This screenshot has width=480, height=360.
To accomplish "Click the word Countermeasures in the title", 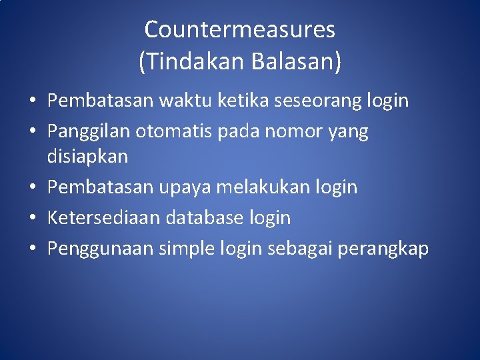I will [239, 30].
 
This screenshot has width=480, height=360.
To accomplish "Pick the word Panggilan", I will [89, 132].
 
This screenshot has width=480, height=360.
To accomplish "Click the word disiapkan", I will [87, 157].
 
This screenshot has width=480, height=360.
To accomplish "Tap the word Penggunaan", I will [101, 249].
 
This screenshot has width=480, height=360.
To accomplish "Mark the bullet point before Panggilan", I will [32, 132].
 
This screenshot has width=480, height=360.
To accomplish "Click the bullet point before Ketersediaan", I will [32, 218].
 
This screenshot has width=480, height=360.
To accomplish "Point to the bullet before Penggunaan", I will [32, 249].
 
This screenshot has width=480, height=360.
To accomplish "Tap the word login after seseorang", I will [387, 101].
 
